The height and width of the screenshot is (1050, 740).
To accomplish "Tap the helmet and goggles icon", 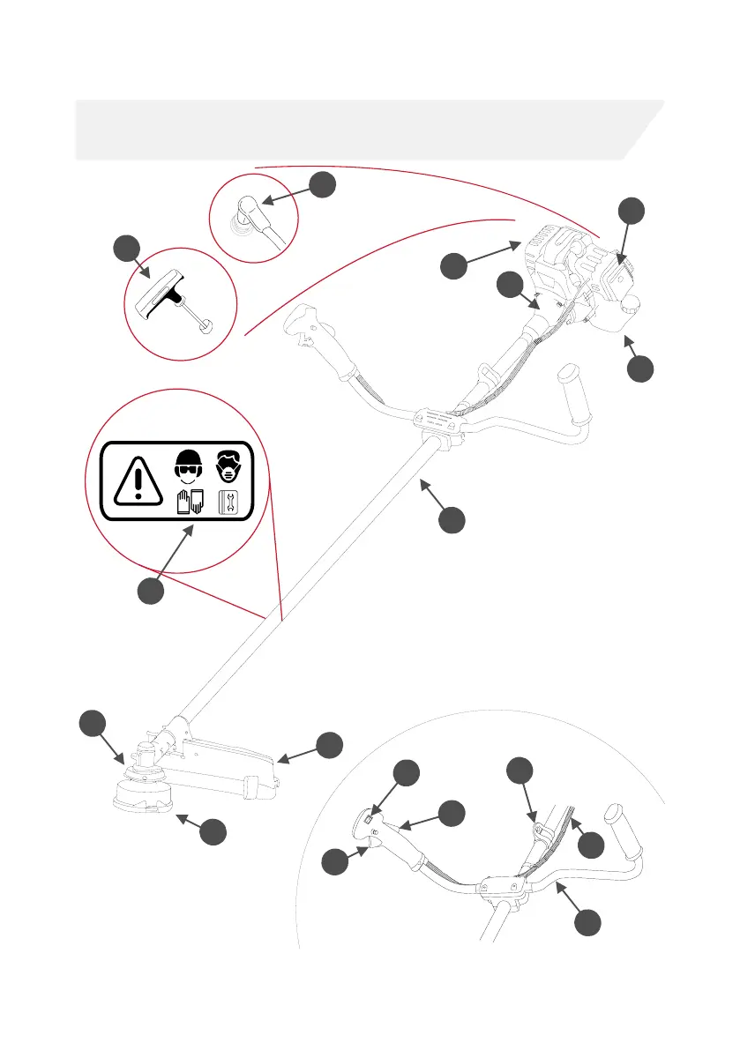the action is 186,467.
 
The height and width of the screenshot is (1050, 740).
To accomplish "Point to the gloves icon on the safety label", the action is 189,503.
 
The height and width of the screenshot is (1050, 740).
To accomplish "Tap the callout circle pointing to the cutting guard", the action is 329,744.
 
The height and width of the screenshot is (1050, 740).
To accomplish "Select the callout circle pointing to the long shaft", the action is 452,520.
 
